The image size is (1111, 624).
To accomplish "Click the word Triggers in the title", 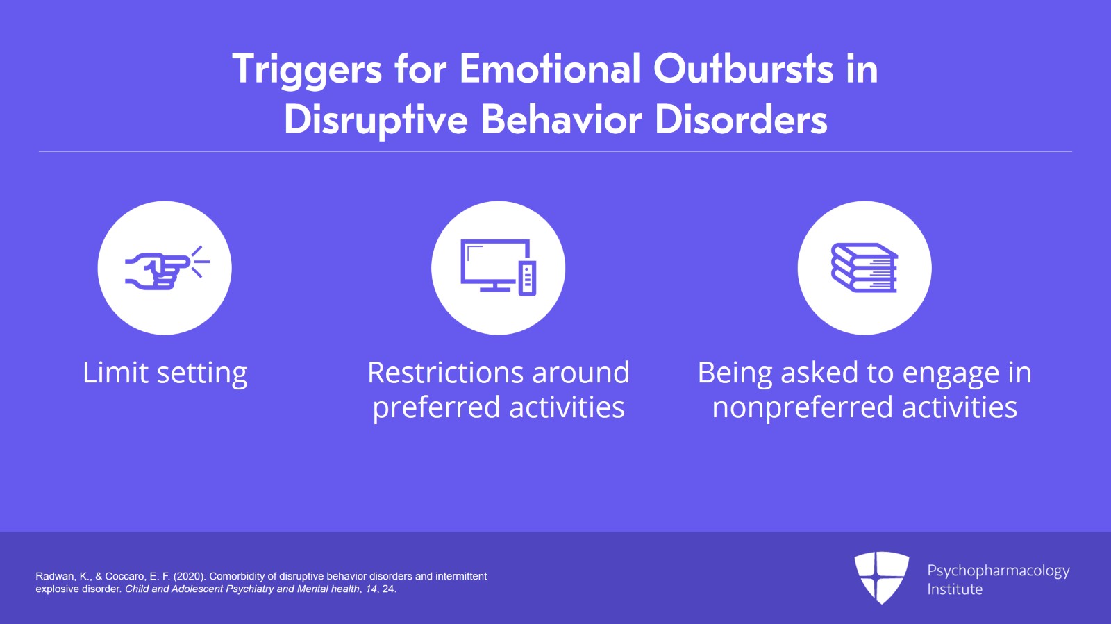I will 307,69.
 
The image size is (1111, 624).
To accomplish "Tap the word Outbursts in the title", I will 743,69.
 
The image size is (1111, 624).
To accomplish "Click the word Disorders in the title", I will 741,119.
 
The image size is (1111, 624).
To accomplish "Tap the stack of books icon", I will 864,268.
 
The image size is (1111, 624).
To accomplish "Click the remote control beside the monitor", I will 528,278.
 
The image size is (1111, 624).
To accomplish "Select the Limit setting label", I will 165,373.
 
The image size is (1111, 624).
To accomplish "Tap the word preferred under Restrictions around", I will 437,407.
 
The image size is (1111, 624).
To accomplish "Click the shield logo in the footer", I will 881,577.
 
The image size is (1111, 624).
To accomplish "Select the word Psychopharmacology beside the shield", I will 998,571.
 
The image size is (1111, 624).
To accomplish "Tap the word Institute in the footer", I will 955,589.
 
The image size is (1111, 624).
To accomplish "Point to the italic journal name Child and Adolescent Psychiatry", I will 199,589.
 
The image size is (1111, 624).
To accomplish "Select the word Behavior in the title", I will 562,119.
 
